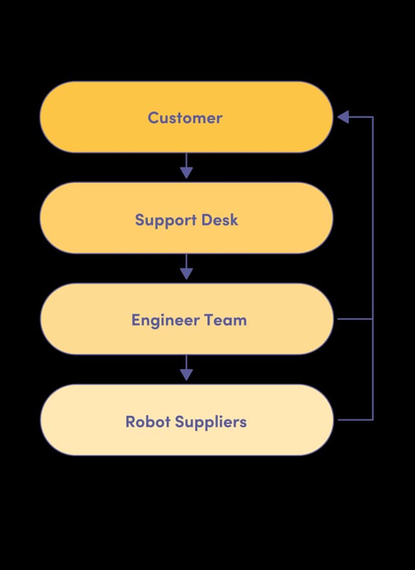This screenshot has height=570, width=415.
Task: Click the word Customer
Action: [x=185, y=117]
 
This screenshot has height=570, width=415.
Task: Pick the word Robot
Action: [x=144, y=422]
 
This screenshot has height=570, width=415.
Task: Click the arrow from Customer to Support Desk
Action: [x=186, y=167]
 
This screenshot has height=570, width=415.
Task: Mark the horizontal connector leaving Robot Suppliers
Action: [x=355, y=420]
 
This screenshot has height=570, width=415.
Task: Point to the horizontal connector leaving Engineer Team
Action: [x=355, y=319]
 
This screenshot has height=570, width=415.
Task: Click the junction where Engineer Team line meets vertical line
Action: [x=373, y=319]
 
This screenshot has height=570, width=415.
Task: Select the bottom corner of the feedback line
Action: [x=373, y=420]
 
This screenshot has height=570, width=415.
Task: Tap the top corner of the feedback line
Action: [x=373, y=117]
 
